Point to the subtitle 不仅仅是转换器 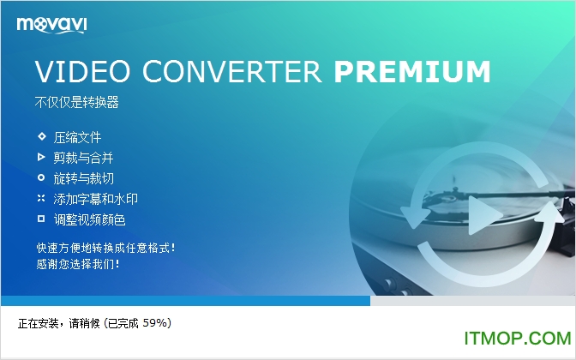[76, 104]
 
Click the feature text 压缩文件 [77, 137]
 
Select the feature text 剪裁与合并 [83, 158]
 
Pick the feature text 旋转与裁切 [83, 178]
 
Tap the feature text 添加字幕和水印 [95, 199]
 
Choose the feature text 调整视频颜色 [89, 219]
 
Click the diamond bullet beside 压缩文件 [40, 136]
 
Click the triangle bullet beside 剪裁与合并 [40, 157]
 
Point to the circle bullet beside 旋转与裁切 [40, 177]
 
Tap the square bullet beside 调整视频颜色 [40, 219]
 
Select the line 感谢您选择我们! [78, 264]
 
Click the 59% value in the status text [156, 323]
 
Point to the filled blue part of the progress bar [184, 301]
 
